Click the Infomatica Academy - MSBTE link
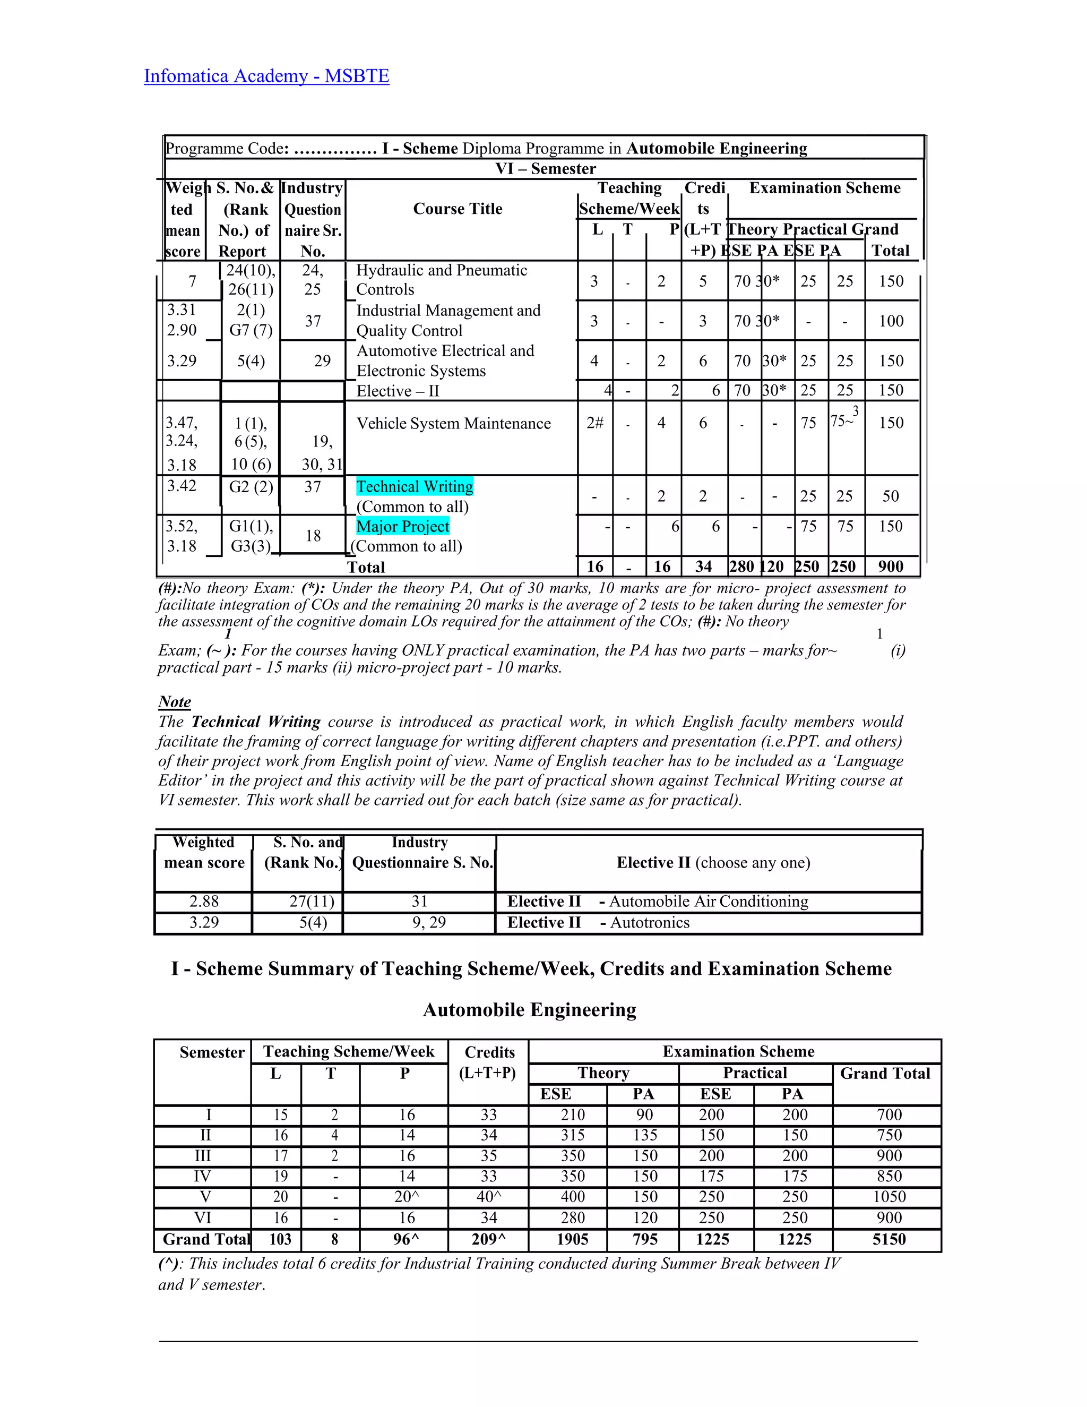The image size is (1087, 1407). [266, 76]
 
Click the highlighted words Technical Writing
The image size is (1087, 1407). [415, 486]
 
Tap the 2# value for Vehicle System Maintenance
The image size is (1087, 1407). [594, 423]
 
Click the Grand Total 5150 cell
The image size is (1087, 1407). [888, 1240]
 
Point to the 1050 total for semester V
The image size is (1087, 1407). [888, 1197]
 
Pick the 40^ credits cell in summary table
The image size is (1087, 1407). [489, 1197]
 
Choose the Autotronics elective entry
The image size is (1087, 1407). [649, 923]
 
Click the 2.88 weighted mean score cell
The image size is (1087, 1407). [204, 902]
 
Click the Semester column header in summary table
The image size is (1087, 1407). [212, 1053]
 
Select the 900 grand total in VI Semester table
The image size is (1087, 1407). [891, 567]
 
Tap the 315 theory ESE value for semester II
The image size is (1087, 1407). [573, 1135]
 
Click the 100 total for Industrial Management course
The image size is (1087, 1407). [891, 321]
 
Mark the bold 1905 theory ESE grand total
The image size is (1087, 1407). [573, 1240]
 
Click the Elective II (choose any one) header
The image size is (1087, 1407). [713, 863]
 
